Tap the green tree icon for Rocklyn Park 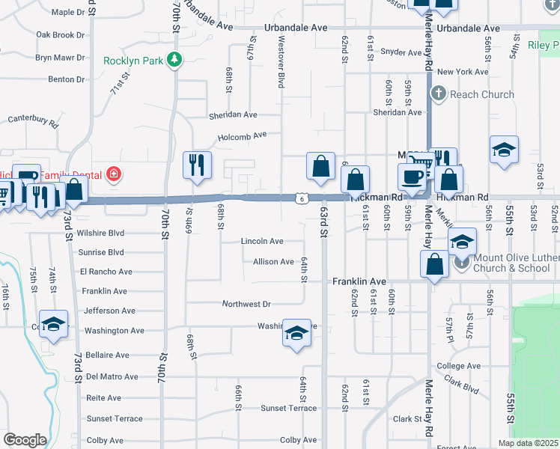point(174,59)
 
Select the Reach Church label point(482,94)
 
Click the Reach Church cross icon point(438,94)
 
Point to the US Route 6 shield point(300,198)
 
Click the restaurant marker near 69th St point(198,165)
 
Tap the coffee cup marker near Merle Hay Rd point(411,177)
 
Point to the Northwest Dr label point(246,305)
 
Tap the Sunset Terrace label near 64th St point(288,409)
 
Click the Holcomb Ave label point(242,136)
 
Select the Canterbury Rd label point(33,120)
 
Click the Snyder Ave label point(401,52)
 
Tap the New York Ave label point(463,72)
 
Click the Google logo point(25,440)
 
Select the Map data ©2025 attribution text point(527,443)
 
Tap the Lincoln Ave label point(262,242)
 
